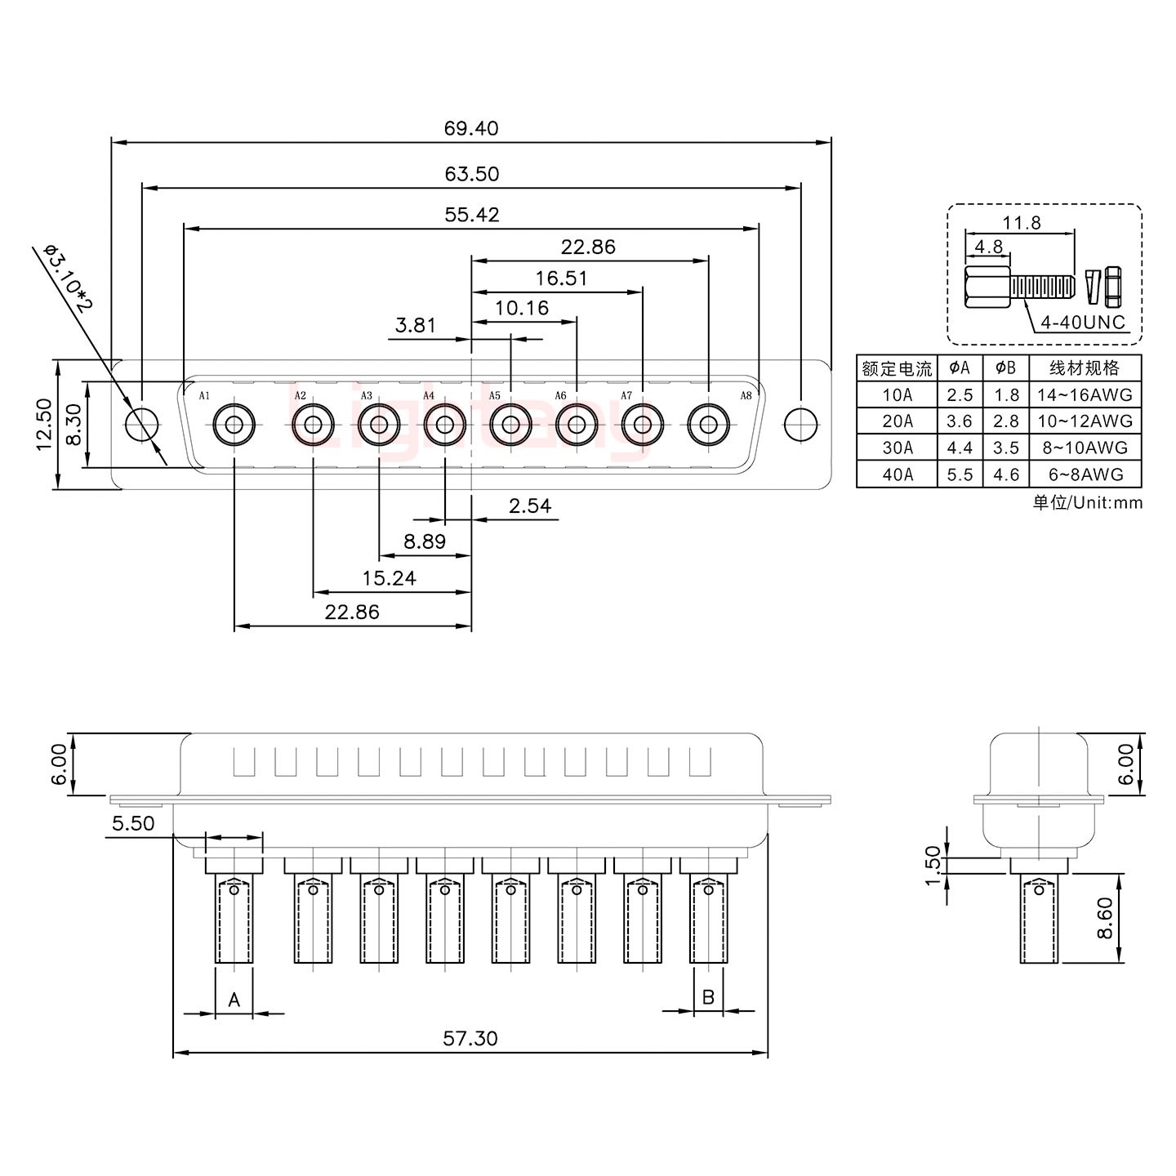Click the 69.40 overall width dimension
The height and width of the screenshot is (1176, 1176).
[x=470, y=128]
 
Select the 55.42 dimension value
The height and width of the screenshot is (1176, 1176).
[x=471, y=215]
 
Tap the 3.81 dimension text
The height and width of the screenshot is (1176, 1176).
[x=415, y=326]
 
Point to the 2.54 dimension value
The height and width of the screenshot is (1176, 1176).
[x=529, y=506]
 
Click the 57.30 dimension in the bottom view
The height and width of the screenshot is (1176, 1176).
[x=470, y=1038]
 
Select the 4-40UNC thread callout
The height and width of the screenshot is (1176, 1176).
[x=1082, y=322]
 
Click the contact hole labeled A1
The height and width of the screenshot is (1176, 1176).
[x=234, y=425]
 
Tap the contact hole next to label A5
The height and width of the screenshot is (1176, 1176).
[x=510, y=425]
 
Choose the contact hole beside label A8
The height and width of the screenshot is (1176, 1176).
[x=708, y=425]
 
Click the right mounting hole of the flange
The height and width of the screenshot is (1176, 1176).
[x=800, y=424]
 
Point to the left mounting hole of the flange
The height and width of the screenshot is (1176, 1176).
[x=142, y=425]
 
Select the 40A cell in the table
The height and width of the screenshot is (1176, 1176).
[x=897, y=474]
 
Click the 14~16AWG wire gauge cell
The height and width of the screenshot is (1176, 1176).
[x=1085, y=395]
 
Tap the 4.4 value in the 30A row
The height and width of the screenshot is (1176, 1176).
[x=960, y=448]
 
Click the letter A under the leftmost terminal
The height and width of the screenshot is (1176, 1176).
[x=234, y=999]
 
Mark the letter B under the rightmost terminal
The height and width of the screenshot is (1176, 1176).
[x=708, y=997]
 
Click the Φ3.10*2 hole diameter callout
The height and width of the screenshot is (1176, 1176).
[x=69, y=278]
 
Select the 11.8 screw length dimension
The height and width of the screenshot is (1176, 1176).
[x=1021, y=222]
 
